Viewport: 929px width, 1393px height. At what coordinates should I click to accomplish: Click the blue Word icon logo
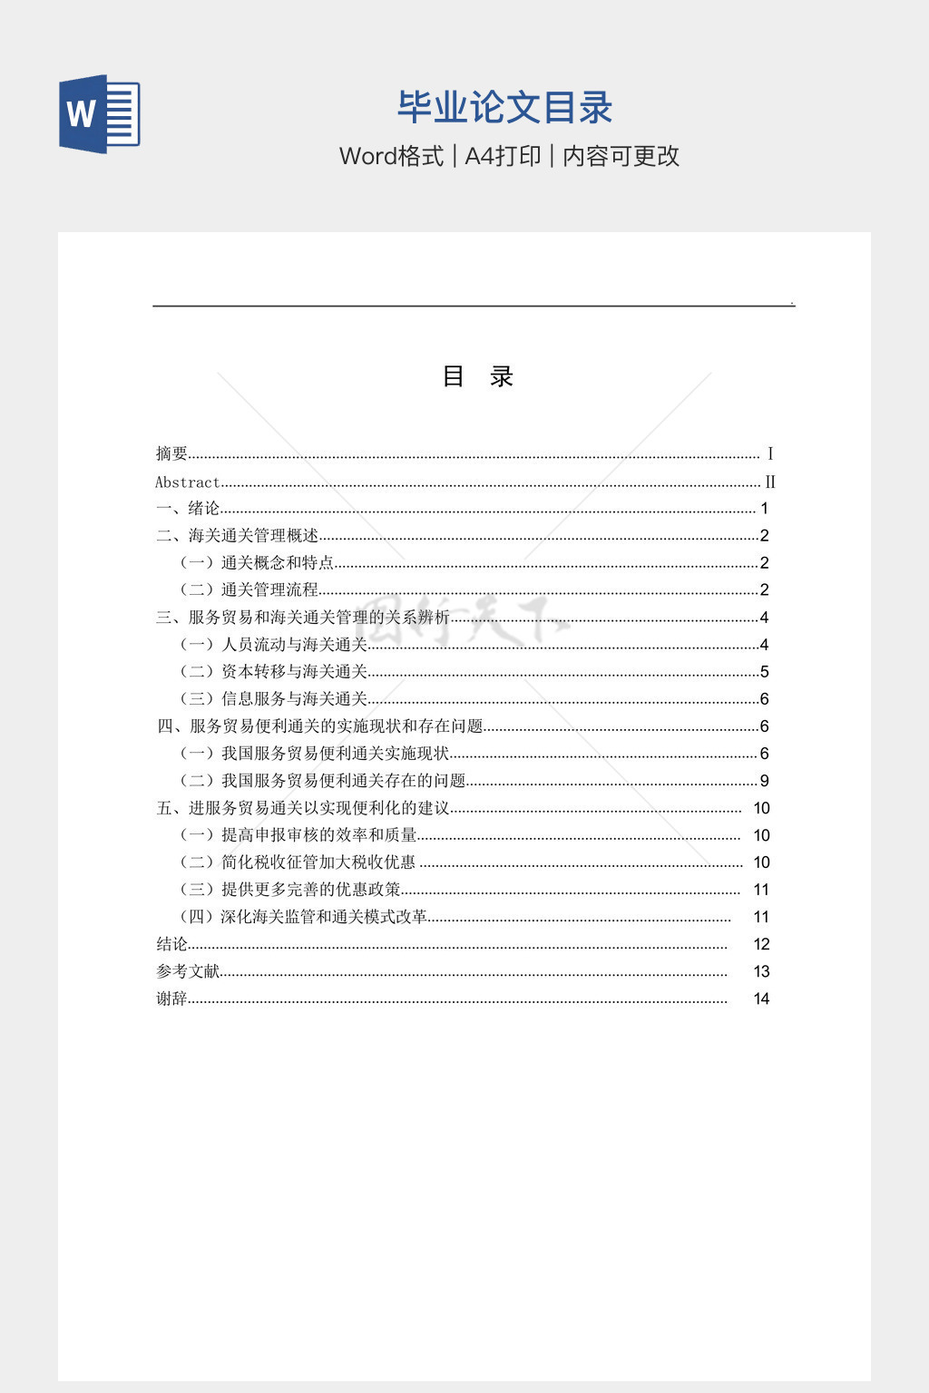100,114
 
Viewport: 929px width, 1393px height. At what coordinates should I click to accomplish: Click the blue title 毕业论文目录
504,107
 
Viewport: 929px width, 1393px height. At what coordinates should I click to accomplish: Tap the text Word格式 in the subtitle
391,156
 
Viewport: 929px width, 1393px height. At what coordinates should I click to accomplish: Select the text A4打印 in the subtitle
503,156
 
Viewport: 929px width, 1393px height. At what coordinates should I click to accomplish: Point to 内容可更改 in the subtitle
621,156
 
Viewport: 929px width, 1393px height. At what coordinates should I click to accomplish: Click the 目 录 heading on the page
477,376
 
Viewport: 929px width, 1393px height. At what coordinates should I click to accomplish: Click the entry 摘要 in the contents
172,453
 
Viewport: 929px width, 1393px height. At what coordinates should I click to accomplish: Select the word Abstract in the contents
188,482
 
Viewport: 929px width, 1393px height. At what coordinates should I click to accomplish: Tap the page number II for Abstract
769,482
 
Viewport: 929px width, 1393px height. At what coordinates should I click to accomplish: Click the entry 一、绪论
189,509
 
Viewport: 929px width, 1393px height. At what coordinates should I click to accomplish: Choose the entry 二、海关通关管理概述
238,536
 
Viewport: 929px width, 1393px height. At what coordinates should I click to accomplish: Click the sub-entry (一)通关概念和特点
257,563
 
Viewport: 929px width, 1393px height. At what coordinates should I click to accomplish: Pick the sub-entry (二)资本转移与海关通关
273,672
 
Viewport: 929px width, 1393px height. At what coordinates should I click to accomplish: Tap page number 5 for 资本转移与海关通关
764,672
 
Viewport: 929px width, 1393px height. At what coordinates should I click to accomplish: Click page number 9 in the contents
764,781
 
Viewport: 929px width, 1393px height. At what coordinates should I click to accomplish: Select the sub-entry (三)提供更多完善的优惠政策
289,890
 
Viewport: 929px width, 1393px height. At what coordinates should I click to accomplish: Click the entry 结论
172,944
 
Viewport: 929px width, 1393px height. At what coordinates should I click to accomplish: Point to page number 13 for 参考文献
761,971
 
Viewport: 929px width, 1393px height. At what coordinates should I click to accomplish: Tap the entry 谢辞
172,998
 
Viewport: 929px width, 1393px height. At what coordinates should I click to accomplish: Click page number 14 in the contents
761,998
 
